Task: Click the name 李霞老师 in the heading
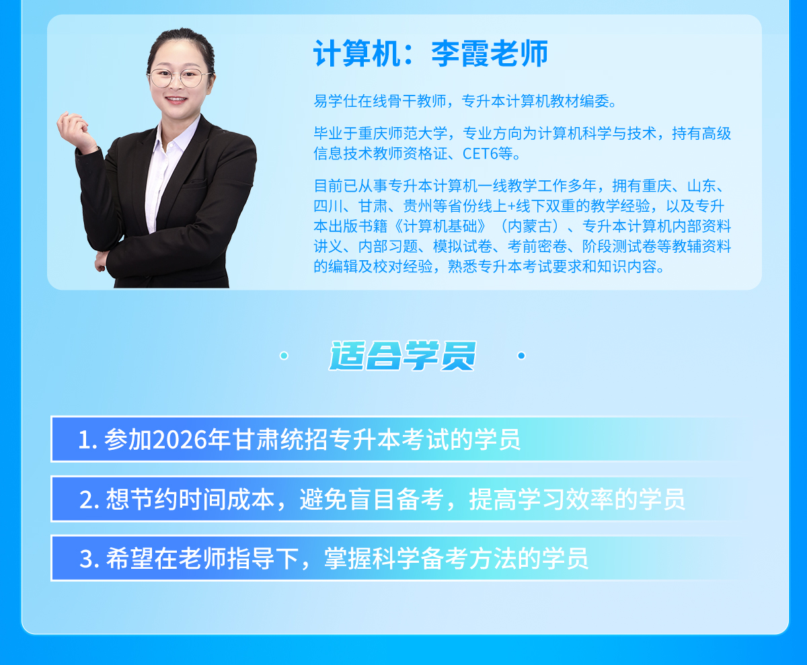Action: point(490,53)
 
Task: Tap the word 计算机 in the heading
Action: point(356,53)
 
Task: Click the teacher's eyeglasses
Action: point(179,77)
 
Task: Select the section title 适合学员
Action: point(402,356)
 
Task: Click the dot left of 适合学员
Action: point(284,356)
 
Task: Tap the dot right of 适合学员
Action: point(521,356)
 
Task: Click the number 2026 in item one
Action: point(180,440)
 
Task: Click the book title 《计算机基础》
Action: point(440,226)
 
